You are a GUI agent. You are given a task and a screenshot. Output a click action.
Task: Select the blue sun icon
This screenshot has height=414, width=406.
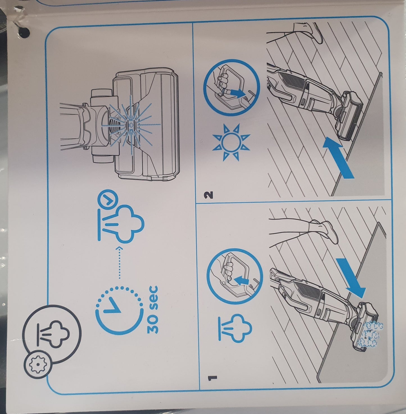(231, 142)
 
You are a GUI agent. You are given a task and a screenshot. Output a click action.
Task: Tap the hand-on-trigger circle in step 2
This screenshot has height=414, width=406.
(232, 88)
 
